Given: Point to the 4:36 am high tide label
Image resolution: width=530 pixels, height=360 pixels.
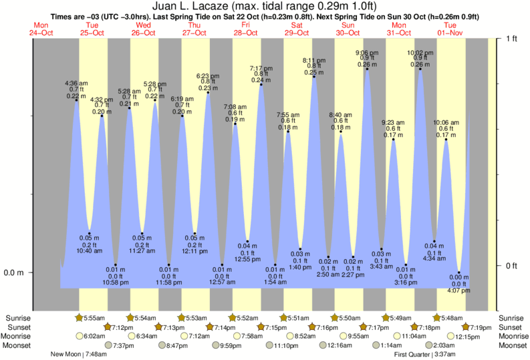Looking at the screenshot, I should [76, 83].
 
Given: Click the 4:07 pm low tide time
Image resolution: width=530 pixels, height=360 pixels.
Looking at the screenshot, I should [458, 291].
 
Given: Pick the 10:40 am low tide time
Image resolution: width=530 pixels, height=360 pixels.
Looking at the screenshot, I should [89, 250].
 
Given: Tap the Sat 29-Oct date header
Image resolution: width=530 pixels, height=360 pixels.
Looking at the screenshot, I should [296, 29].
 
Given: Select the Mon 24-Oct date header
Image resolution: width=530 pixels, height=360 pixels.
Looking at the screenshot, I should [40, 29].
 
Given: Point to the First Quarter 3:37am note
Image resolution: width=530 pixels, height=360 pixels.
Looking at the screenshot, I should [426, 354].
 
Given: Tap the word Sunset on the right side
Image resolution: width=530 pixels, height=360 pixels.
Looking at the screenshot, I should [511, 327].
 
